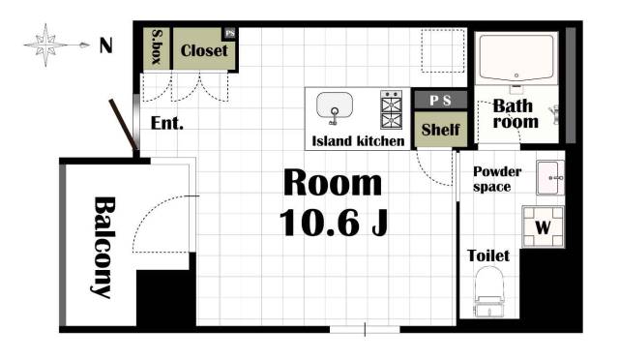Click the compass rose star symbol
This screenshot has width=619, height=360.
click(45, 45)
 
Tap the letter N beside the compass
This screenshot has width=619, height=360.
click(105, 45)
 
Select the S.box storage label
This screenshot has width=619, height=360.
click(157, 47)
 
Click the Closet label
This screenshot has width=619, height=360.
click(204, 50)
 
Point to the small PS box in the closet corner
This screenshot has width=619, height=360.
click(230, 33)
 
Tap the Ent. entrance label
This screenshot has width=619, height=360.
click(167, 123)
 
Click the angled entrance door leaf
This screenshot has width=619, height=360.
click(123, 125)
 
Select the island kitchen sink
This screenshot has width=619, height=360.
click(335, 107)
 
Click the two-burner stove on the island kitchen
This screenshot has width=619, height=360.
click(391, 109)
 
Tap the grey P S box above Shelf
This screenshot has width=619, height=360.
click(441, 101)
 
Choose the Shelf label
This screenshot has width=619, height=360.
click(441, 130)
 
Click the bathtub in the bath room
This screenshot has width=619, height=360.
click(516, 58)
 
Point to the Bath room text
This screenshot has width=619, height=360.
click(516, 114)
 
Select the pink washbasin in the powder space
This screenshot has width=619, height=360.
click(550, 177)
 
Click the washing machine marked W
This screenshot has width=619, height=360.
click(544, 226)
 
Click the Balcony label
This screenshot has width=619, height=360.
click(104, 247)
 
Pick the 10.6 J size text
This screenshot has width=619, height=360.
click(334, 223)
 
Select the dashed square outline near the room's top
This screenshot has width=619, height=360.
click(443, 50)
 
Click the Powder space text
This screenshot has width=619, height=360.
click(497, 179)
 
